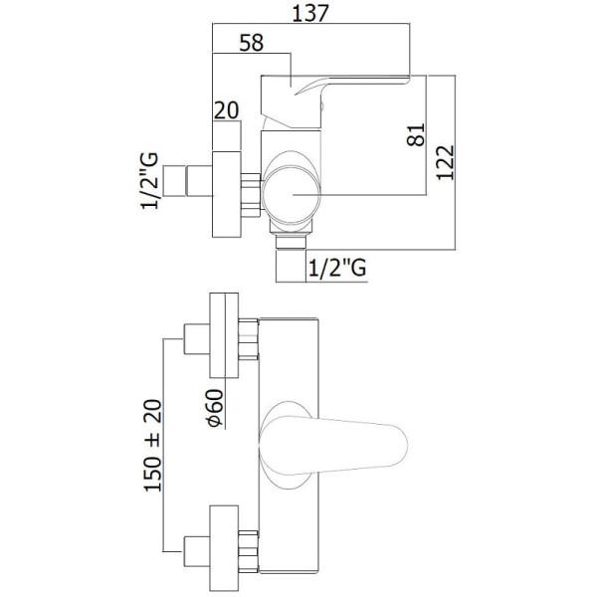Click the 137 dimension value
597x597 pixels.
[309, 13]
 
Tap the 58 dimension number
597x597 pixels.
[252, 43]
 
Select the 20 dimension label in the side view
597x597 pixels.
[226, 110]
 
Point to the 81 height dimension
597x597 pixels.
[416, 134]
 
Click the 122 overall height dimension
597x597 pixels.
[445, 162]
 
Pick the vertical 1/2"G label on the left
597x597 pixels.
[149, 180]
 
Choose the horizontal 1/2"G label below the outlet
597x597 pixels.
[337, 267]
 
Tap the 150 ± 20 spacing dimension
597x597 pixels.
[152, 445]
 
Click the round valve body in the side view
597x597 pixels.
[292, 194]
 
